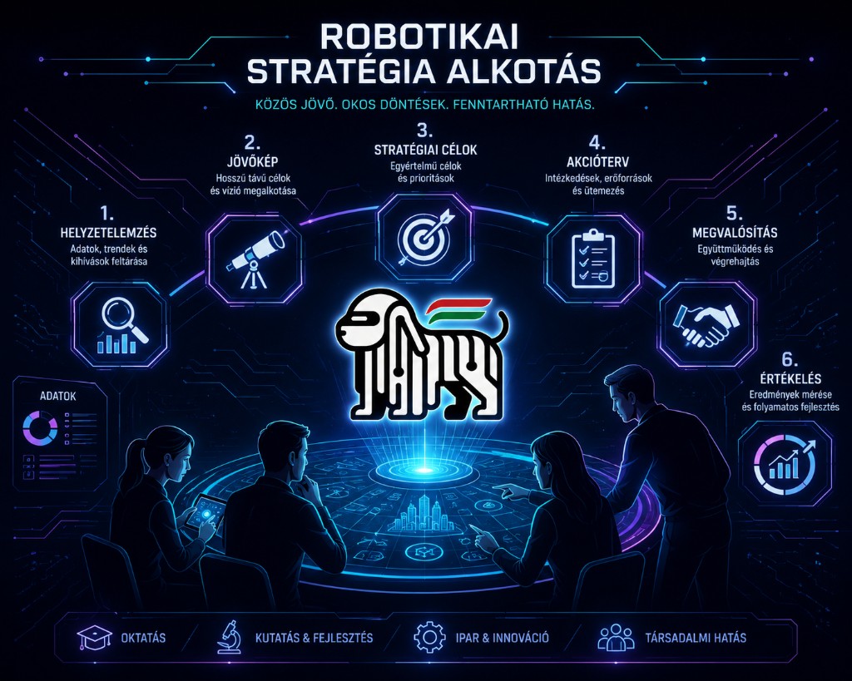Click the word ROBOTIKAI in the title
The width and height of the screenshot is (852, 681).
click(x=419, y=37)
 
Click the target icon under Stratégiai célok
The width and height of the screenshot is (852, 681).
click(x=425, y=236)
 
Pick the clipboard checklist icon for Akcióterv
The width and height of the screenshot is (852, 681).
click(x=593, y=259)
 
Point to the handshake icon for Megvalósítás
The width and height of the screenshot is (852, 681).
click(x=706, y=324)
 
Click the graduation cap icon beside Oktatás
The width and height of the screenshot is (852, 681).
click(x=95, y=638)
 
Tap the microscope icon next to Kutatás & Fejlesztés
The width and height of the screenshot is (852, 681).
click(x=229, y=637)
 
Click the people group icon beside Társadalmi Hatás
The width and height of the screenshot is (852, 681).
click(x=616, y=637)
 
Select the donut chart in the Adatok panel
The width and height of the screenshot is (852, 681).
click(x=40, y=427)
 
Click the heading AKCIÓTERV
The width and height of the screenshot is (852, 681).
click(x=597, y=162)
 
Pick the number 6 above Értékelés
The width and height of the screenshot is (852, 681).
click(x=790, y=359)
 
